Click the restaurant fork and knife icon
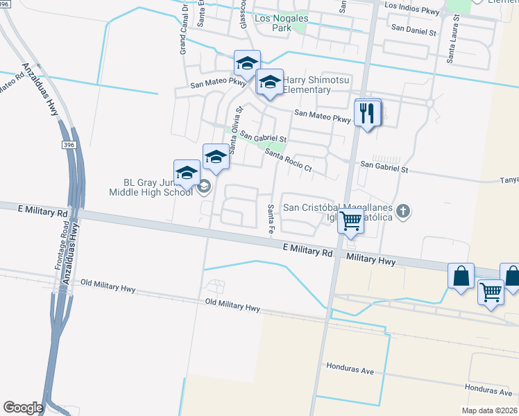pos(368,113)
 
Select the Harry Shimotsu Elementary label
pos(316,85)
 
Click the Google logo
pos(23,408)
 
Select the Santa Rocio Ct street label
pos(289,163)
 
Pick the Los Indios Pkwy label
pos(412,6)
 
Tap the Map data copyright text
pos(488,410)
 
